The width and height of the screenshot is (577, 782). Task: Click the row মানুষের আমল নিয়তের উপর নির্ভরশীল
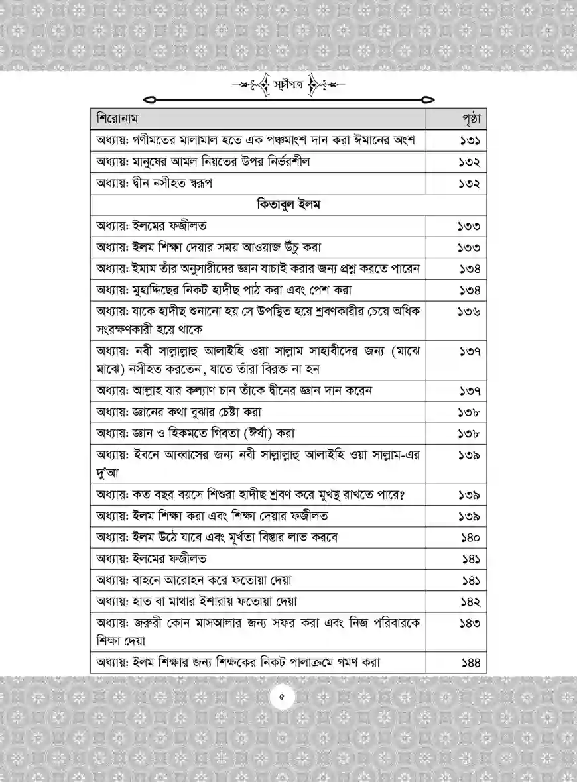[x=202, y=162]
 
